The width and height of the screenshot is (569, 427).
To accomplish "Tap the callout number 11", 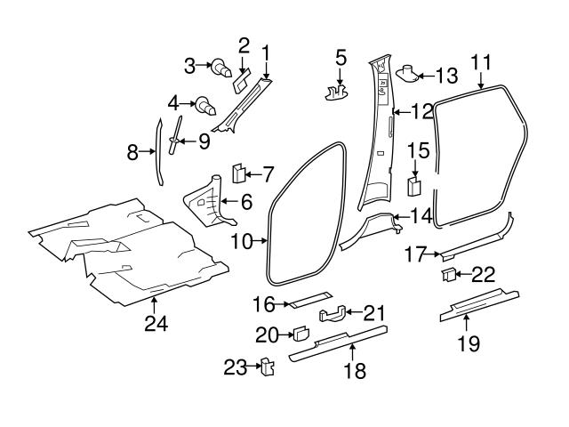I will (481, 61).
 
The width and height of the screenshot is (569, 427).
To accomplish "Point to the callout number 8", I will (132, 152).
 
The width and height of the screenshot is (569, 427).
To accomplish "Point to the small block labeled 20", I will (301, 334).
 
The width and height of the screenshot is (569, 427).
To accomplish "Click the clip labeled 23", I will (265, 368).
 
